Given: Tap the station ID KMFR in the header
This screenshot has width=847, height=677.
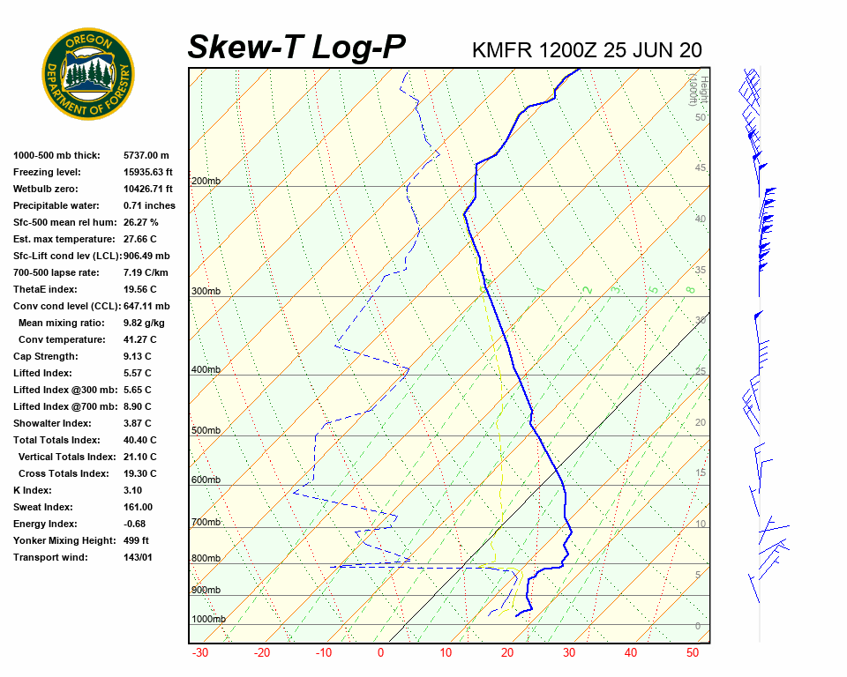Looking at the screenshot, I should tap(502, 49).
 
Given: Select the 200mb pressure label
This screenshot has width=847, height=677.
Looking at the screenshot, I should tap(206, 182).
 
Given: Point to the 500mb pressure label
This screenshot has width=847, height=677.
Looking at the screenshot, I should tap(206, 431).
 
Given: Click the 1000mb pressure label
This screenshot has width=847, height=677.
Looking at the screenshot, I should tap(209, 620).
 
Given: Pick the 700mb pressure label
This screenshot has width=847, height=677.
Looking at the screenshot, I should tap(206, 523).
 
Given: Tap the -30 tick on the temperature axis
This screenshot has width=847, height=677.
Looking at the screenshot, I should tap(200, 653).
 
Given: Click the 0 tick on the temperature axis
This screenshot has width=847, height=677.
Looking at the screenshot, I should tap(381, 653).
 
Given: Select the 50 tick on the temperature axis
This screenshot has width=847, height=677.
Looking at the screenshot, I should tap(693, 653).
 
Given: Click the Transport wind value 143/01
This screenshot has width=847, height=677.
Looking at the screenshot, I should tap(139, 557).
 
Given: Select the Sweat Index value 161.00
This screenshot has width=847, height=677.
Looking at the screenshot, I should tap(139, 507).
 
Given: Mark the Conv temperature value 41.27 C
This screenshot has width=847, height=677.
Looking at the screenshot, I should tap(140, 339).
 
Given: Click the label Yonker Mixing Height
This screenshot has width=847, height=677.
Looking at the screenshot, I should tap(61, 540).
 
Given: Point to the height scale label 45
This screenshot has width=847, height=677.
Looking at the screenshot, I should tap(701, 168).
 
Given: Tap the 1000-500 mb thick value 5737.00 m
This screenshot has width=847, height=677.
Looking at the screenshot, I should tap(146, 155).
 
